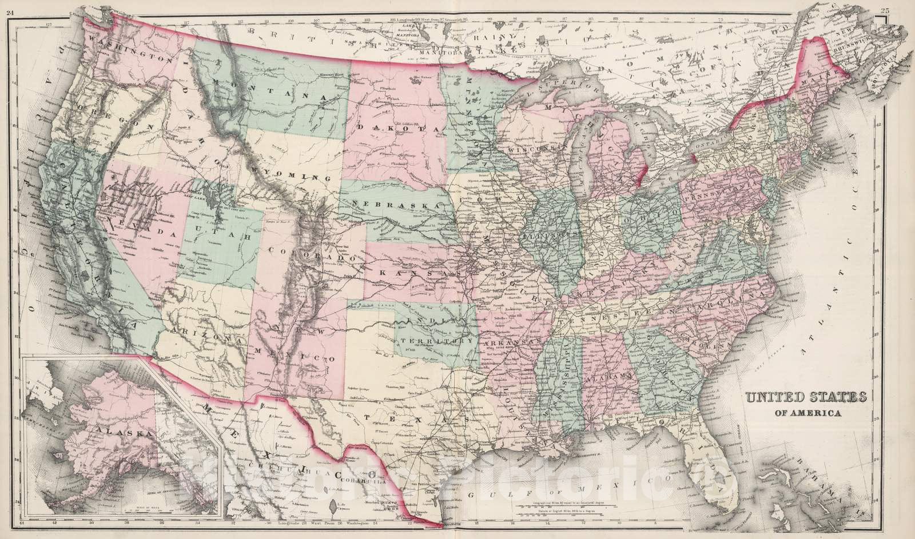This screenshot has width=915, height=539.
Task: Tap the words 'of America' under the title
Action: (x=803, y=413)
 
